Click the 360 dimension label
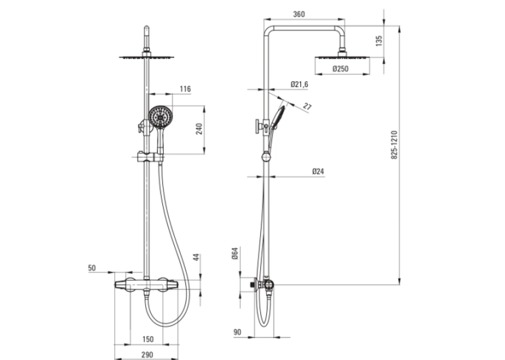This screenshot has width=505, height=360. (x=299, y=14)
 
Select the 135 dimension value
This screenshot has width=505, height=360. (x=379, y=40)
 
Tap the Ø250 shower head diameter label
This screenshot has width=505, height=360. (x=341, y=69)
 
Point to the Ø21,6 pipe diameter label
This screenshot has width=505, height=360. (x=299, y=85)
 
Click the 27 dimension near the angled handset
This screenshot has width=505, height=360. (x=308, y=106)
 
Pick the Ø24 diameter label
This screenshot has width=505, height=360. (x=318, y=172)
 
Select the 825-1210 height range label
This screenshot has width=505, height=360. (x=394, y=145)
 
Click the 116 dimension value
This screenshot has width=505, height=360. (x=185, y=89)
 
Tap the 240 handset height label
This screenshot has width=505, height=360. (x=199, y=129)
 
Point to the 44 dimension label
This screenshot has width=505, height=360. (x=197, y=258)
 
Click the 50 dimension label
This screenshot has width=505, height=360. (x=92, y=268)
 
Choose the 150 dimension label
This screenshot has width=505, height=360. (x=148, y=339)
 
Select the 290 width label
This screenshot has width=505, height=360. (x=147, y=355)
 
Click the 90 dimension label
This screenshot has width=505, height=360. (x=237, y=332)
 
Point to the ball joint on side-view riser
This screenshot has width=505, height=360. (x=266, y=157)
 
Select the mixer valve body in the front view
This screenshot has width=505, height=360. (x=146, y=285)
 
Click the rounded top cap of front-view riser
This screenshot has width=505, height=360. (x=147, y=28)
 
